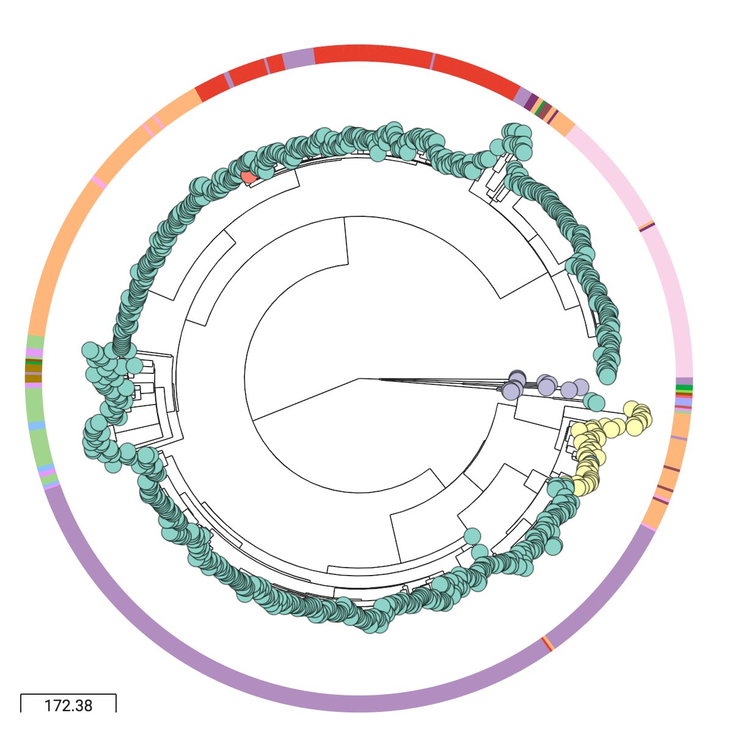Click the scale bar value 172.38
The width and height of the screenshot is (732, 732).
pos(68,705)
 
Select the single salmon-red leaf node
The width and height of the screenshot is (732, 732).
pos(248,177)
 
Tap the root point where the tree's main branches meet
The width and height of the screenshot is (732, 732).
pos(359,378)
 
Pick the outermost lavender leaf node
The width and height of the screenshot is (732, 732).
pos(580,387)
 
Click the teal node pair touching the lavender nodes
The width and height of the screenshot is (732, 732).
pos(593,401)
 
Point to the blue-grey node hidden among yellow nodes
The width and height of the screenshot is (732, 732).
pos(591,459)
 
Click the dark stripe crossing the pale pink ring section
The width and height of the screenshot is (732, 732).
pos(646,227)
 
